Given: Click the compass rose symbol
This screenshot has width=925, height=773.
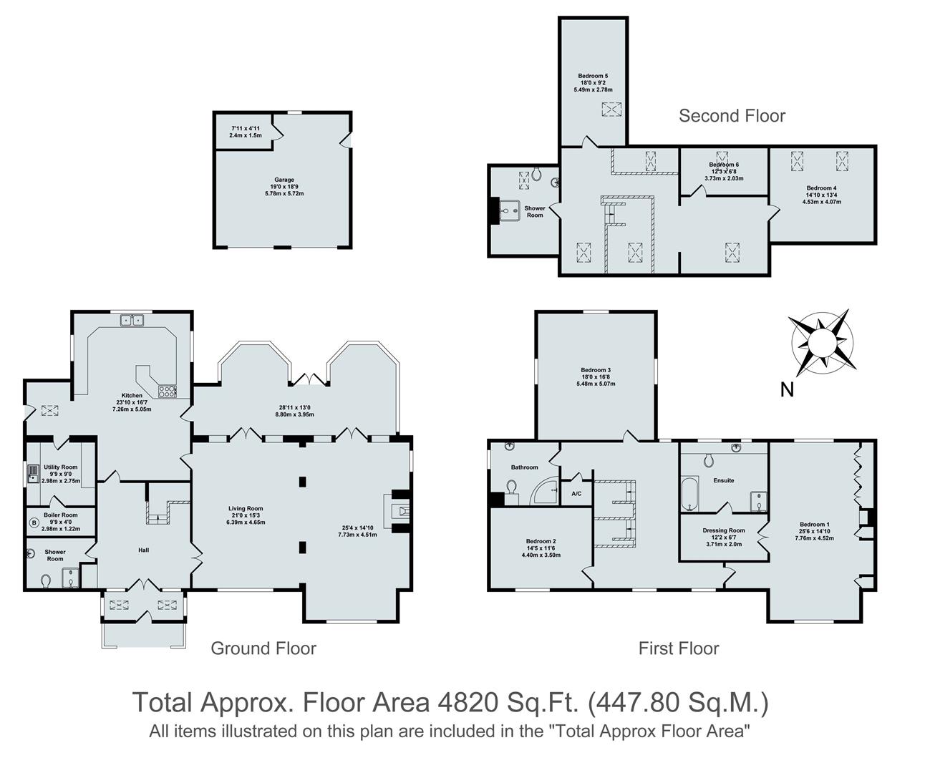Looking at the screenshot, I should point(821,342).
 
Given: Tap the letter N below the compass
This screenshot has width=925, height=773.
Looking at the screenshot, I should point(787,390).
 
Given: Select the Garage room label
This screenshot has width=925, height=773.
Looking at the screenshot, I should point(284,180).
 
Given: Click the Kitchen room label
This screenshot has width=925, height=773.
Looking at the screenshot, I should point(132,395).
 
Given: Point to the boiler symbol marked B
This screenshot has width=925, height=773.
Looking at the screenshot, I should point(33,523).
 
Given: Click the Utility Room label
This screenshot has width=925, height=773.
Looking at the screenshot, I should point(60,467).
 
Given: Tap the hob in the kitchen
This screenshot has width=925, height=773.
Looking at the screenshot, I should point(167,392).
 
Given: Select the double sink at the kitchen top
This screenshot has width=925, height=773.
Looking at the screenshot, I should point(132,321).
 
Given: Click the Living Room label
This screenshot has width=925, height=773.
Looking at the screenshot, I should point(246,509).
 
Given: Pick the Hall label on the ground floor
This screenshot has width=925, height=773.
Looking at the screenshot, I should point(143,550).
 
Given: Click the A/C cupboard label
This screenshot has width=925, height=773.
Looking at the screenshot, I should point(576,494).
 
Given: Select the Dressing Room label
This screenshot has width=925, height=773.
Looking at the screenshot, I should point(724,530).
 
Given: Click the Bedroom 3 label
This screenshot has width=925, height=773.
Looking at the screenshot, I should point(596,370).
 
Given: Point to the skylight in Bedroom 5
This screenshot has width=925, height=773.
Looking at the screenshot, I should point(611,109).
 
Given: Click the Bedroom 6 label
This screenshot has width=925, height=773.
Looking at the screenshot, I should point(724,165).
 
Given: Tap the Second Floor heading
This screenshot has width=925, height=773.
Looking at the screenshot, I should point(732,116).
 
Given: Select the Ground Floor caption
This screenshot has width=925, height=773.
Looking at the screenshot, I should point(263,648).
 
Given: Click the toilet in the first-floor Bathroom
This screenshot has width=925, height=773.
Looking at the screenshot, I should point(512,487).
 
